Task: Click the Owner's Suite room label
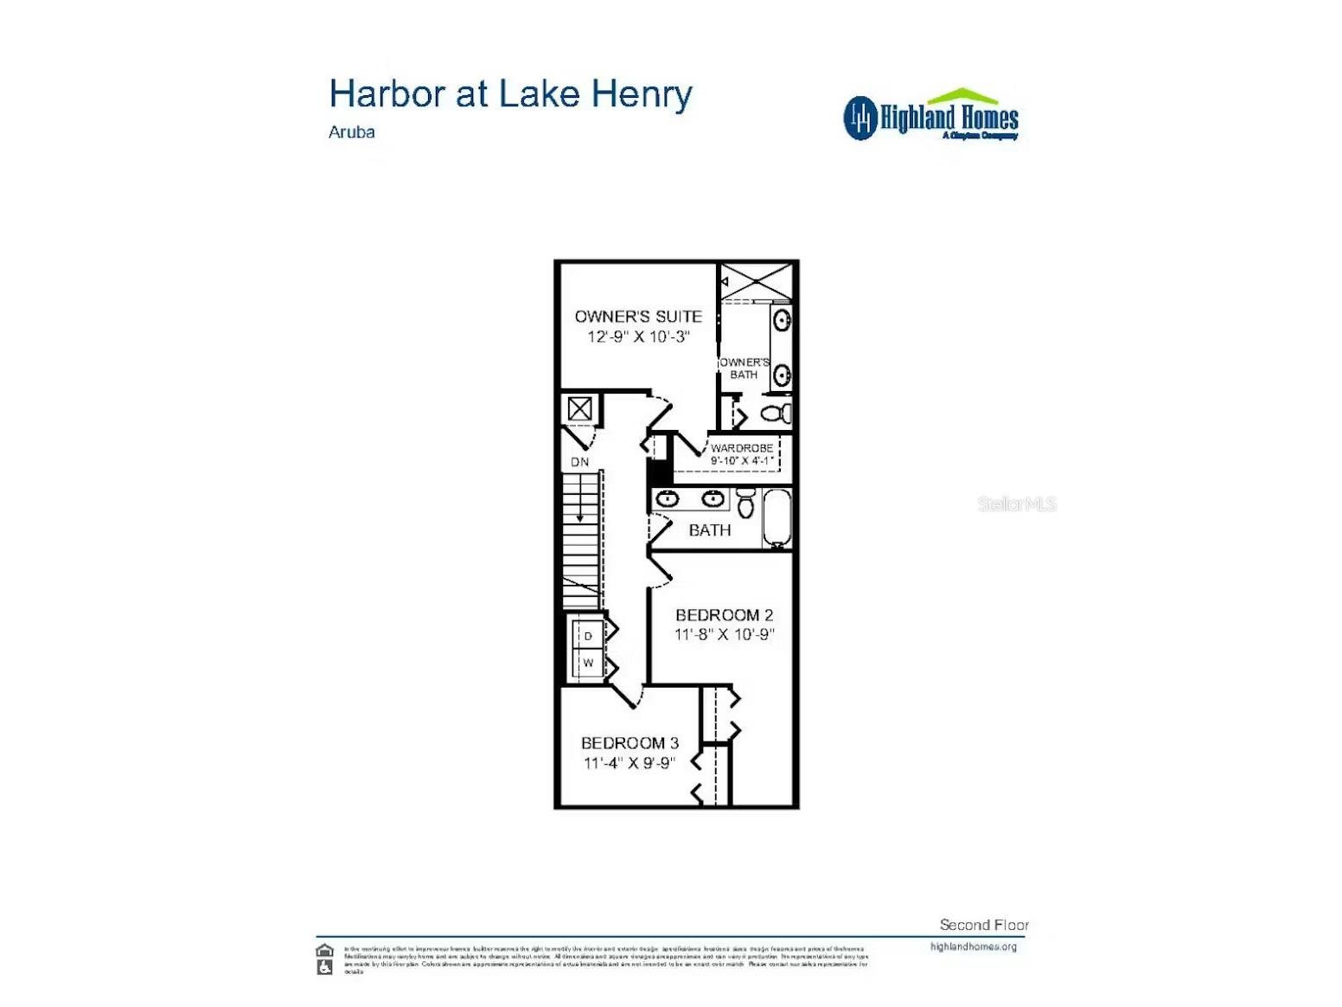638,317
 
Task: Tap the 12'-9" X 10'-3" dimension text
638,337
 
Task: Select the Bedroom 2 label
724,615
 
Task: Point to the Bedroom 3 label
629,743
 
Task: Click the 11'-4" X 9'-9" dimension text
629,763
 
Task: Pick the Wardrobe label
741,448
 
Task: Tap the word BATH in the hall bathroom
709,530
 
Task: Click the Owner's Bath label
744,369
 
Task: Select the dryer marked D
588,636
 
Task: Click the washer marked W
588,664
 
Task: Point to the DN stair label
579,462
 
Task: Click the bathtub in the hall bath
776,518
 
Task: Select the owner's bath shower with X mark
757,281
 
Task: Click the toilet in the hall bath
746,503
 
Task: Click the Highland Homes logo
930,115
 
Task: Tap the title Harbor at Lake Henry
510,94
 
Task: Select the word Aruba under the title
351,132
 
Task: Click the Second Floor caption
984,925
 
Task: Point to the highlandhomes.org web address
973,946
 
